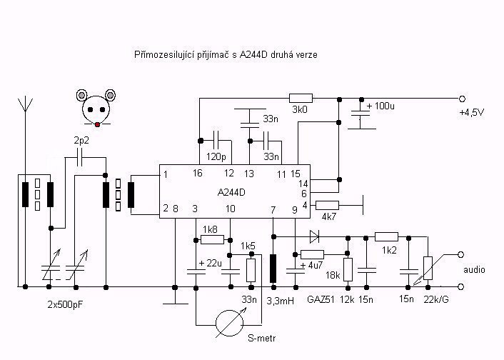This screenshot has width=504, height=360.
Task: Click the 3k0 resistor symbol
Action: point(301,99)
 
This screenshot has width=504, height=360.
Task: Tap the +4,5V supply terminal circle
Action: point(462,99)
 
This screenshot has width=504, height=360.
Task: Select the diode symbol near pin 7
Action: point(314,236)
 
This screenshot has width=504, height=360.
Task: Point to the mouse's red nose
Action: point(97,124)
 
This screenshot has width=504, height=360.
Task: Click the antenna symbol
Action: point(25,105)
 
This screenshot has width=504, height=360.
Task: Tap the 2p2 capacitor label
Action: point(81,141)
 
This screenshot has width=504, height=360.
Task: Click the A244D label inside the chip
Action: point(231,192)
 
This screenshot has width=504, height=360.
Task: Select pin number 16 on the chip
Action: point(197,174)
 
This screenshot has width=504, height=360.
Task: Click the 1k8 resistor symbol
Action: point(212,240)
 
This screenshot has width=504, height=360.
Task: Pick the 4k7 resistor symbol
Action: point(327,205)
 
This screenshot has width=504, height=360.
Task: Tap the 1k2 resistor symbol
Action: point(386,237)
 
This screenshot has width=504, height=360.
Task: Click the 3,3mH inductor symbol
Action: point(273,269)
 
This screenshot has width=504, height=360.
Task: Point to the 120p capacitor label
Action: point(216,157)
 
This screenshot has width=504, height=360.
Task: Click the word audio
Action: point(474,269)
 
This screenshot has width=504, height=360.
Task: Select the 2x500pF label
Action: point(65,304)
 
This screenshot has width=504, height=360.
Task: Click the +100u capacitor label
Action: point(380,106)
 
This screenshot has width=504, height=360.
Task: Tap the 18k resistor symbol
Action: point(348,269)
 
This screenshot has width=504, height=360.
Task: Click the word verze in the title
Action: point(306,55)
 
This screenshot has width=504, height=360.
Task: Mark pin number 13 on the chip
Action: point(248,174)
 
